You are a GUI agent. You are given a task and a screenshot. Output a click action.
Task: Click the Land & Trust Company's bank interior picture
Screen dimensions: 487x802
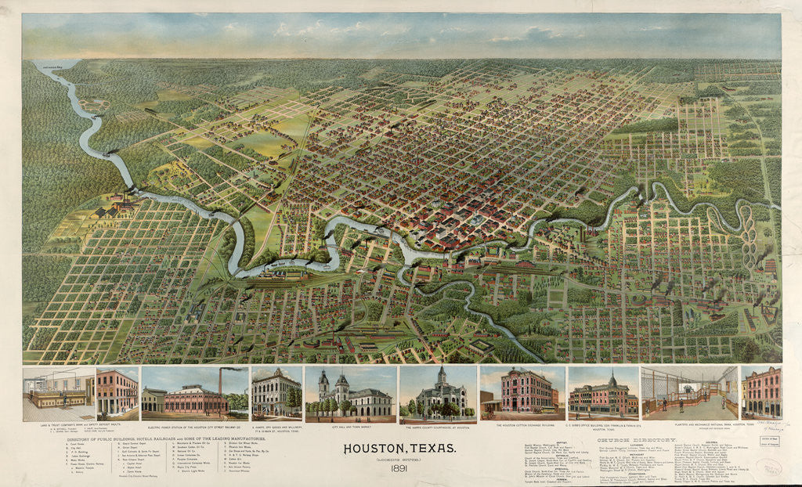click(58, 394)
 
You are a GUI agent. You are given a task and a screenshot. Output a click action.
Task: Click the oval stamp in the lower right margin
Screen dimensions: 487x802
click(773, 467)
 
